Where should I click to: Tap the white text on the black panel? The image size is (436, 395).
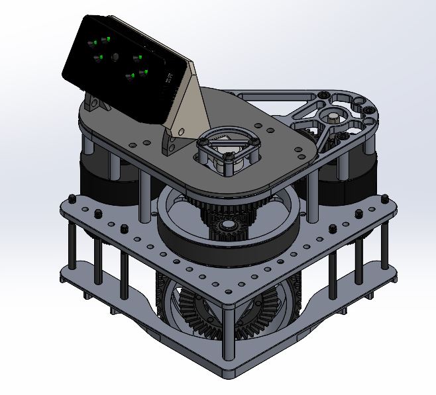[167, 79]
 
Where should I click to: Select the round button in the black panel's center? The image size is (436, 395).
[116, 57]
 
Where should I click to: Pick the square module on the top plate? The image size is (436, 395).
[227, 150]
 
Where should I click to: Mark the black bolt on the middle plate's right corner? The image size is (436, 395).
[382, 198]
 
